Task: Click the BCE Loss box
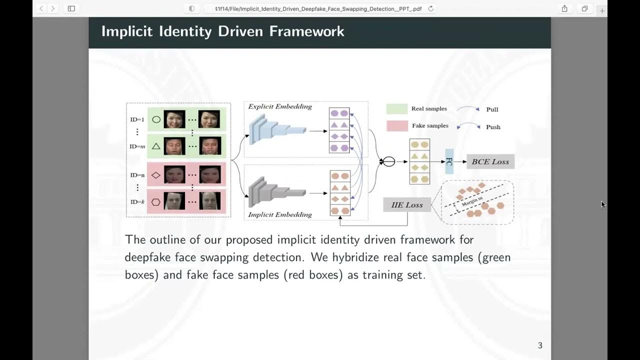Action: [x=490, y=161]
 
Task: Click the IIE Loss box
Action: [x=407, y=205]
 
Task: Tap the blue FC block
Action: [x=449, y=161]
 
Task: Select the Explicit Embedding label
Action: [x=280, y=106]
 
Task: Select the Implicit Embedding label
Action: [x=280, y=215]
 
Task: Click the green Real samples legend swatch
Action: [x=396, y=109]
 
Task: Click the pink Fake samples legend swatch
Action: [x=396, y=126]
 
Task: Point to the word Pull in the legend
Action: [x=492, y=109]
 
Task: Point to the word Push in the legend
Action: [x=493, y=127]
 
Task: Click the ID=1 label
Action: [x=137, y=120]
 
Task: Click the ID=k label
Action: [x=137, y=202]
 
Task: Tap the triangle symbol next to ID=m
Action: [x=156, y=146]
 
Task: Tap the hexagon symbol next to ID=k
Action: [x=156, y=202]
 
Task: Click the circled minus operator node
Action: [x=388, y=161]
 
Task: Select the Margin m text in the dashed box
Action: [x=472, y=202]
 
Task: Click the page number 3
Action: [x=540, y=345]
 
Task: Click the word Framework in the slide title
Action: [x=306, y=31]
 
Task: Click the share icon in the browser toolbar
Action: [x=564, y=8]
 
